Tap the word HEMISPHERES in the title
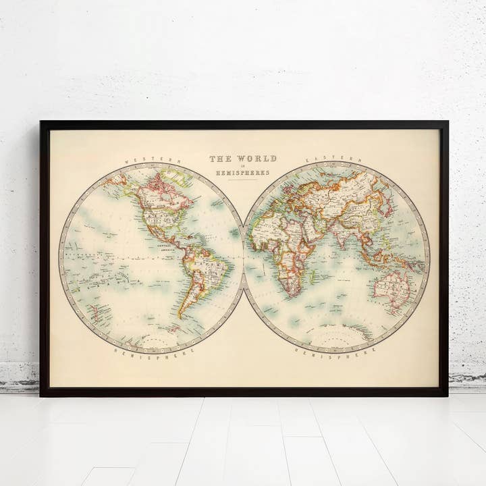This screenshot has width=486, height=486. (243, 173)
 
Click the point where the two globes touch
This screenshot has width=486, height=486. (243, 256)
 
